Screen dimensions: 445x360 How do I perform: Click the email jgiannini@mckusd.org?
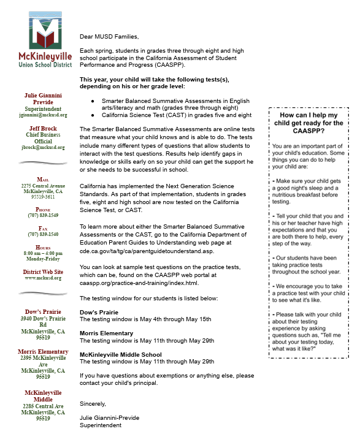point(42,115)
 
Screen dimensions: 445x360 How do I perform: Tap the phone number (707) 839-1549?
point(42,215)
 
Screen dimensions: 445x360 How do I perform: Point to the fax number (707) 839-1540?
point(42,234)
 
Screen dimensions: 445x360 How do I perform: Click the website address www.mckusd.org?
point(42,278)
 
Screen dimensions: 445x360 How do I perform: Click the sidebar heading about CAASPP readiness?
point(308,123)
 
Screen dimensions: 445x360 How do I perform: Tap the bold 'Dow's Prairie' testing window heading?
point(100,312)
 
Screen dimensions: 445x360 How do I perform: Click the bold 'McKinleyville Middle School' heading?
point(121,354)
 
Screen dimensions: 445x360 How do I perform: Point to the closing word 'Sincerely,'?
point(93,403)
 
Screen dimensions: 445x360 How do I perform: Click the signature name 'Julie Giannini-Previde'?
point(109,418)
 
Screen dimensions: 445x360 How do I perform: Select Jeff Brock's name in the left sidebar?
point(42,128)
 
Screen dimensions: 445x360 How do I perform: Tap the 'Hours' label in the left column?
point(42,246)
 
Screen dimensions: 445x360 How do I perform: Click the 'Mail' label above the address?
point(42,178)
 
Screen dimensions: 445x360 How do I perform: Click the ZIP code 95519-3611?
point(42,197)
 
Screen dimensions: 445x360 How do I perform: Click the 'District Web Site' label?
point(42,272)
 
